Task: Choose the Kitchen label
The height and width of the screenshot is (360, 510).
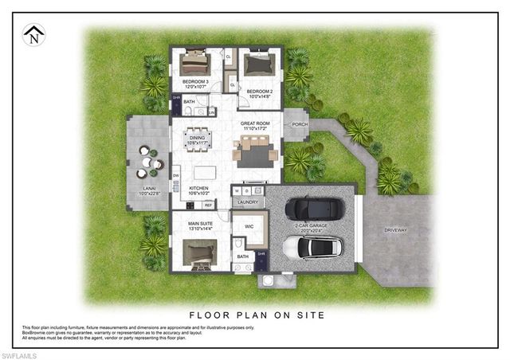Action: (198, 189)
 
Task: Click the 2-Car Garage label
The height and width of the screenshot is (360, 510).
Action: (312, 227)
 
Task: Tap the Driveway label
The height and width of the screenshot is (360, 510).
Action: (395, 230)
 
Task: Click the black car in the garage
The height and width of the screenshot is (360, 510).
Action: (313, 208)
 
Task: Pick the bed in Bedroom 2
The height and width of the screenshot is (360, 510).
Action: (259, 65)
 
